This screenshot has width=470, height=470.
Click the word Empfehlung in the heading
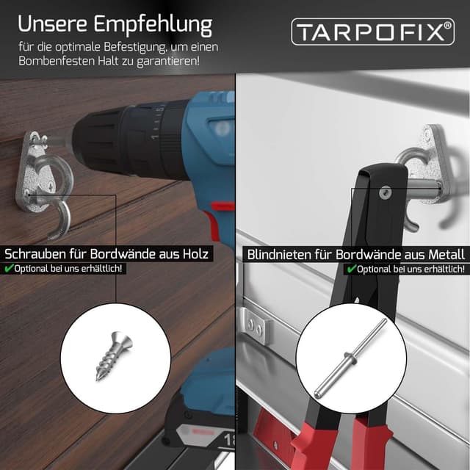[154, 23]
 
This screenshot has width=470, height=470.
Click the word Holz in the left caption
[194, 255]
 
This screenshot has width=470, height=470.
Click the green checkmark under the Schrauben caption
[9, 269]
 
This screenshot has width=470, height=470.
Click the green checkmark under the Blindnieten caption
[352, 269]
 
